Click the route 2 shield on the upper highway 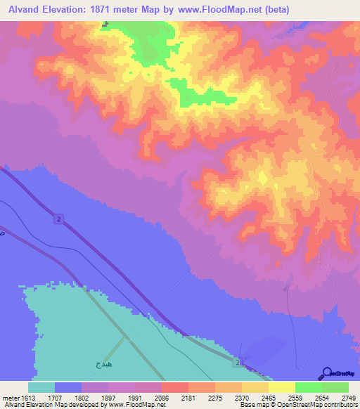coord(58,219)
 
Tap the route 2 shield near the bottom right coord(238,362)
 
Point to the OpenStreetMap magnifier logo coord(326,373)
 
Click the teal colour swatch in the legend coord(41,387)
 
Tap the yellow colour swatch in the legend coord(282,387)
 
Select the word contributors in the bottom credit coord(341,405)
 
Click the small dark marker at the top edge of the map coord(105,24)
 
